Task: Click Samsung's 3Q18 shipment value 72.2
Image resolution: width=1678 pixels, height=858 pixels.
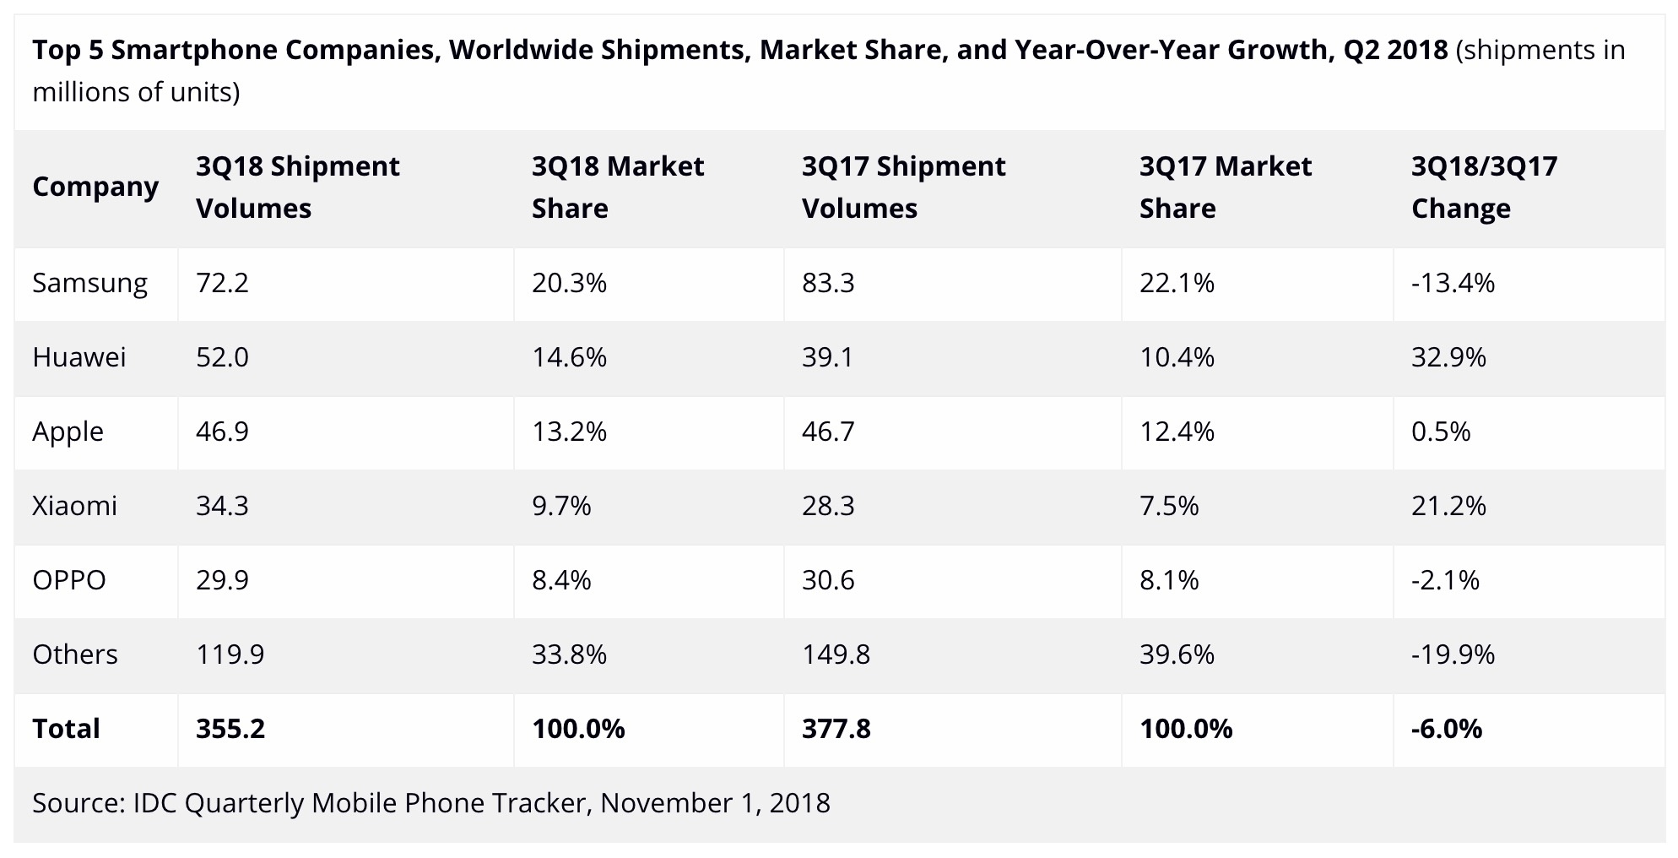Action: (x=222, y=283)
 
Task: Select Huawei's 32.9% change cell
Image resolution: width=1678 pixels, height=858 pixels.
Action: (x=1448, y=357)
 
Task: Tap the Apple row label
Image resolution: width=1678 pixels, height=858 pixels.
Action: (x=68, y=432)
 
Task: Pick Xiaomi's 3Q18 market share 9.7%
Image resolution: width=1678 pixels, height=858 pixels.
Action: (x=561, y=506)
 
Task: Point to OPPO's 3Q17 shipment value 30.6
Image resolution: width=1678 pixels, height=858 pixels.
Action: (x=828, y=580)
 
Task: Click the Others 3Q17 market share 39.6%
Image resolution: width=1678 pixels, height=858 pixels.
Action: (x=1177, y=654)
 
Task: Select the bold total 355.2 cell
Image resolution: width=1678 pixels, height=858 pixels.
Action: (x=230, y=729)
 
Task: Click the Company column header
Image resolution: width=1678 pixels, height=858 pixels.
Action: (x=95, y=187)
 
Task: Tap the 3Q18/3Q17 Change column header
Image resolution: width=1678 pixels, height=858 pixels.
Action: (x=1484, y=187)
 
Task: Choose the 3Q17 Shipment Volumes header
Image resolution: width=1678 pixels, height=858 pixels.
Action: (x=903, y=187)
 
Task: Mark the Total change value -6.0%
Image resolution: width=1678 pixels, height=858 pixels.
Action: (x=1447, y=729)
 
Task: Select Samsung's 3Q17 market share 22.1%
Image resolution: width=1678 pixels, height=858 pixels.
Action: (x=1177, y=283)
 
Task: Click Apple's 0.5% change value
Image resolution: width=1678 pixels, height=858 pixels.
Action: (x=1441, y=432)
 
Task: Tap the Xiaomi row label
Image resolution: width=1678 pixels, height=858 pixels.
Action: (x=74, y=506)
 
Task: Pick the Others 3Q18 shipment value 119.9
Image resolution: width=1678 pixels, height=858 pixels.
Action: (x=230, y=654)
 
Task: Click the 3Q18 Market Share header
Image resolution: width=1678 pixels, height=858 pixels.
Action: (x=618, y=187)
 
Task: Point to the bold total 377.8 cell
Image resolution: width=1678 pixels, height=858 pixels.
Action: (x=836, y=729)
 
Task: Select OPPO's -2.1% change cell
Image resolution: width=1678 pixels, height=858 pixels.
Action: (x=1445, y=580)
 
